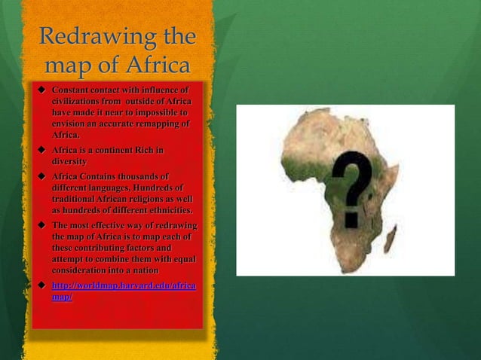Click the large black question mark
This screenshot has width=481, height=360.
pos(352,186)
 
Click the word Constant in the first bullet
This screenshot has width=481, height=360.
pos(72,90)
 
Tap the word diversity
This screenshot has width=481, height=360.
pos(69,161)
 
